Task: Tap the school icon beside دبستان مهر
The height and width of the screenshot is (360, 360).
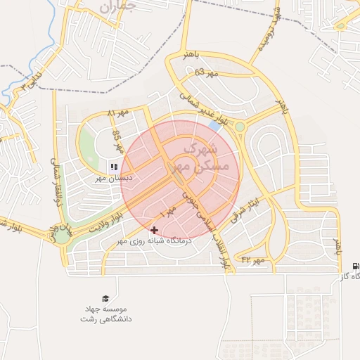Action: coord(113,167)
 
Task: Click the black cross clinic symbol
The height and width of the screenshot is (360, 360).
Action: coord(155,230)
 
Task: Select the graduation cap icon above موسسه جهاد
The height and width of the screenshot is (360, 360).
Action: coord(105,298)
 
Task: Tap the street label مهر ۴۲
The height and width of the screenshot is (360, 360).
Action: coord(253,260)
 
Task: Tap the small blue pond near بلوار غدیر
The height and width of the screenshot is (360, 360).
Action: coord(214,125)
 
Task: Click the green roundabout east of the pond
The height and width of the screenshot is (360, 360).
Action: coord(240,127)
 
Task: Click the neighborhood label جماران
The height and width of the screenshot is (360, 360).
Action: coord(116,8)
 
